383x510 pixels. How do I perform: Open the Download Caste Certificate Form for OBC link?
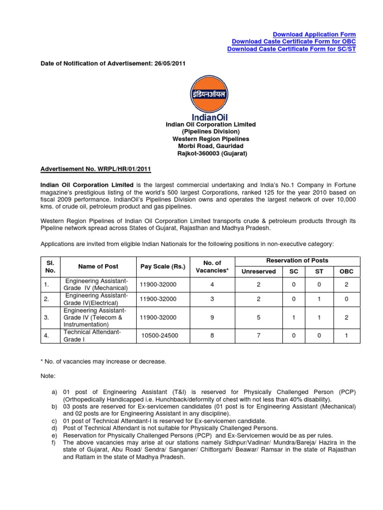(x=294, y=42)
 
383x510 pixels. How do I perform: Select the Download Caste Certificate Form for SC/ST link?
(x=291, y=49)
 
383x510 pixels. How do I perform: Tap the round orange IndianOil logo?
(x=208, y=94)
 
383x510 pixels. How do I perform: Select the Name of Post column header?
(x=98, y=267)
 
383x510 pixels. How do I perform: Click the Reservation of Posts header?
(x=297, y=260)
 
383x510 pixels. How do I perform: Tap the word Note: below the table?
(x=47, y=376)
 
